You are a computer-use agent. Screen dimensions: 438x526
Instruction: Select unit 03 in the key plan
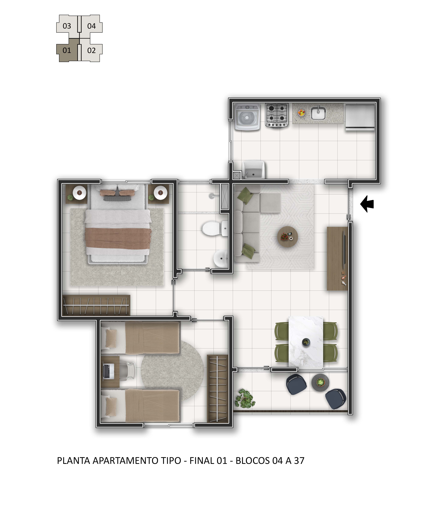67,26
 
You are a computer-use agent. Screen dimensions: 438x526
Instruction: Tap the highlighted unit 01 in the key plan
67,50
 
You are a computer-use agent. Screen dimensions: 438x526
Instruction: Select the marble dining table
306,342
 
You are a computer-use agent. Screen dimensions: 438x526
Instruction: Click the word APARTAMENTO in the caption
137,460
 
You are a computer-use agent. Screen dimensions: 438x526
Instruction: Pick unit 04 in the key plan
92,26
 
